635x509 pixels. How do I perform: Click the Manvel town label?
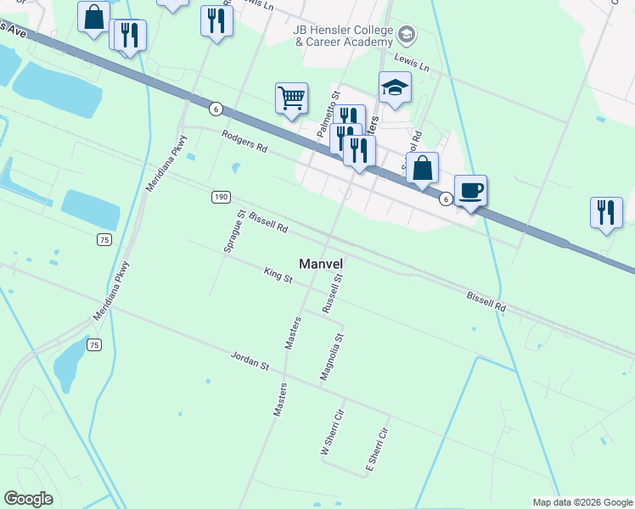pos(320,264)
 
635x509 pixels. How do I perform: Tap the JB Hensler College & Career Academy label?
pos(343,35)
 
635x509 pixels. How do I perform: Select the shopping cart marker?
pos(291,98)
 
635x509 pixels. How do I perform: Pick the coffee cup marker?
pos(470,190)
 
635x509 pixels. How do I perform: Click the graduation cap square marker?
pos(395,87)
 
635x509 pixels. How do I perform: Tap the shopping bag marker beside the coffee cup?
pos(422,168)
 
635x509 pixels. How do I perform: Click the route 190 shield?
pos(221,197)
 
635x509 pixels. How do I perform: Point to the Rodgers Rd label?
pos(244,142)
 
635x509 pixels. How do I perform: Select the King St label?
pos(278,275)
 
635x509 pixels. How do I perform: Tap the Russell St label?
pos(333,294)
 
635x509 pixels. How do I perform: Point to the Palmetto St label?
pos(328,115)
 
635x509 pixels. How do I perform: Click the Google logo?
pos(28,499)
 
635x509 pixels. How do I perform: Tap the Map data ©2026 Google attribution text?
pos(582,502)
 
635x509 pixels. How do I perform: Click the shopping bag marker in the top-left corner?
pos(93,16)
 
